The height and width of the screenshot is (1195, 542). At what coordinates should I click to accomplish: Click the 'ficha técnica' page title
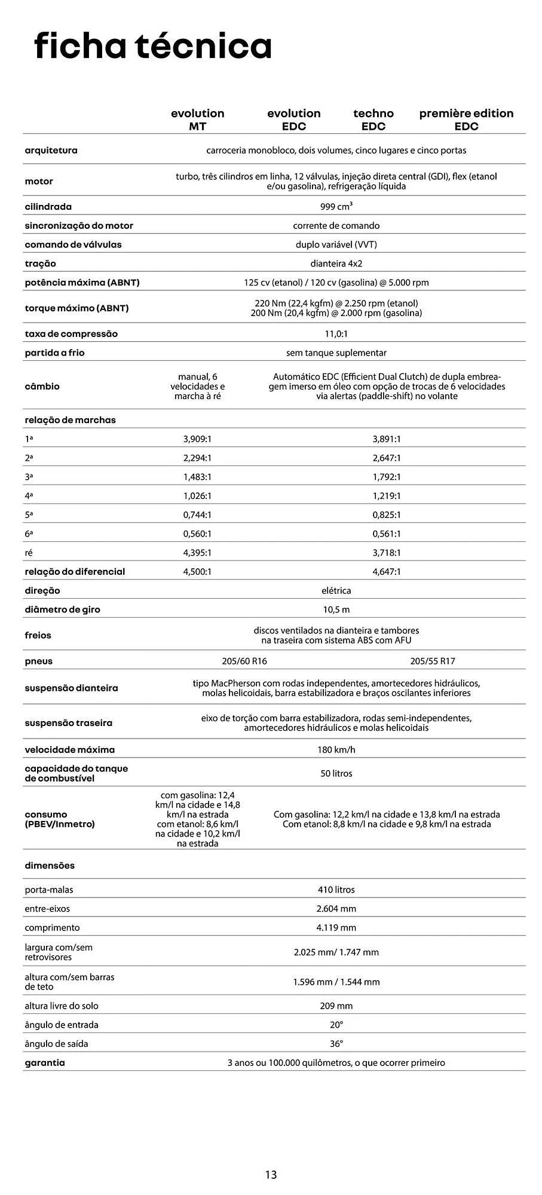pos(153,46)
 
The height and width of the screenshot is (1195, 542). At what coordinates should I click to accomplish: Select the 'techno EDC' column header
pos(373,119)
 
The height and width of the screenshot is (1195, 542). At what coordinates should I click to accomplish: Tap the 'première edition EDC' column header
pos(466,119)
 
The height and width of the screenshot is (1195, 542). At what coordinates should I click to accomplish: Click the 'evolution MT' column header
pos(197,119)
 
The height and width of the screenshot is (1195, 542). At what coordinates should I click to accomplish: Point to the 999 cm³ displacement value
pos(336,207)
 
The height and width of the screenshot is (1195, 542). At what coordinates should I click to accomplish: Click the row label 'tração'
pos(40,263)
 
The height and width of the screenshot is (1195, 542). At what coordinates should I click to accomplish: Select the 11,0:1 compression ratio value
pos(336,334)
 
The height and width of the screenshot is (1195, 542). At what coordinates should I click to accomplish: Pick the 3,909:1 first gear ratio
pos(197,439)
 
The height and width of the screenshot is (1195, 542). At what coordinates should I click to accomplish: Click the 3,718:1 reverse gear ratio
pos(386,553)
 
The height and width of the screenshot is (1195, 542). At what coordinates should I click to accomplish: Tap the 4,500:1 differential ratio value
pos(197,572)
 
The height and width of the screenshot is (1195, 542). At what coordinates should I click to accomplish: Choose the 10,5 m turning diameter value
pos(336,610)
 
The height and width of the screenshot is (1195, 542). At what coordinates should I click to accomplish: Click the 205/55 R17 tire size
pos(433,661)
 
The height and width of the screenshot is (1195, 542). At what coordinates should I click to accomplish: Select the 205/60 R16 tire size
pos(244,661)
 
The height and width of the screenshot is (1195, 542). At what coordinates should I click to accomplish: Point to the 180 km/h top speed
pos(336,750)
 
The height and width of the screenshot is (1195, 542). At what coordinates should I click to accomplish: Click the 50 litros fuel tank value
pos(336,774)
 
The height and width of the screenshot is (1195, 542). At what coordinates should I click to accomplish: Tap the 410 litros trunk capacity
pos(336,890)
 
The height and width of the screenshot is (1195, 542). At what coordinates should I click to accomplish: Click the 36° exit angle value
pos(336,1044)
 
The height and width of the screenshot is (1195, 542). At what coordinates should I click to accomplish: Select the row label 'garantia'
pos(45,1063)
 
